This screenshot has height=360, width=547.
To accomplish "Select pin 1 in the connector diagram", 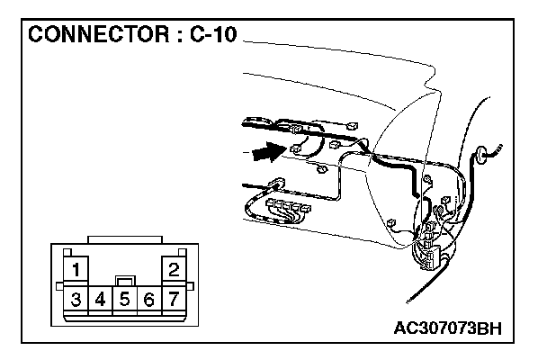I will [78, 268].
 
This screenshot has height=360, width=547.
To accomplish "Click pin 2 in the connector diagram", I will [174, 268].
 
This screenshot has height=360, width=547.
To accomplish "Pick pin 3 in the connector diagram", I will [77, 298].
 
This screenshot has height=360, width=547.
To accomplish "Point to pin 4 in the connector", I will [102, 298].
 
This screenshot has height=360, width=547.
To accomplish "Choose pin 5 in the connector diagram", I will [126, 298].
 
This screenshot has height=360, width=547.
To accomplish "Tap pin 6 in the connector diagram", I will [149, 298].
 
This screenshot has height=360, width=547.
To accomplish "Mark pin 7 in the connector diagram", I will [174, 298].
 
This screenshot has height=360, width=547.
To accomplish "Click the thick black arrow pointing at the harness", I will [264, 154].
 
